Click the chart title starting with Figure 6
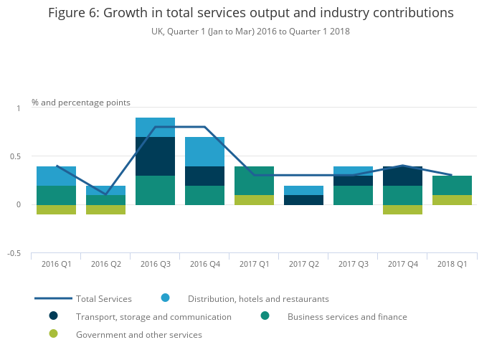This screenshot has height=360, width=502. click(250, 13)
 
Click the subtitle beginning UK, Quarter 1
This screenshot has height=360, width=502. click(250, 32)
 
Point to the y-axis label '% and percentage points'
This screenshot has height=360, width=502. click(81, 103)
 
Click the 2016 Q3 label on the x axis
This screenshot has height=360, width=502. click(155, 264)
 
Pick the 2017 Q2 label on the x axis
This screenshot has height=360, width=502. click(303, 264)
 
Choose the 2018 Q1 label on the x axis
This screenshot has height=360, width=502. click(452, 264)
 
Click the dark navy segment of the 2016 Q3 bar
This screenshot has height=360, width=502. click(155, 156)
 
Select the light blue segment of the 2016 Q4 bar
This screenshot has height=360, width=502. click(204, 151)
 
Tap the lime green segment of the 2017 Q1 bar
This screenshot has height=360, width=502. click(254, 200)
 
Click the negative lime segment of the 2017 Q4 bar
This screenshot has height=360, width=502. click(402, 209)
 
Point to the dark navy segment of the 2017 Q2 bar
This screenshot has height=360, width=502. click(303, 200)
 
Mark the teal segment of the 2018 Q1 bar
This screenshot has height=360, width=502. click(452, 185)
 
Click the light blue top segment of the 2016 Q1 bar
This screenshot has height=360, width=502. click(56, 176)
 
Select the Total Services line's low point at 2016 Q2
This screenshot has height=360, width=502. click(105, 194)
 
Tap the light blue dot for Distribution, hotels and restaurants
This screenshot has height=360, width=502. click(165, 298)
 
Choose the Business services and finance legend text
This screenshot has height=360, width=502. click(347, 316)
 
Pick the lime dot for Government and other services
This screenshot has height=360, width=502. click(53, 333)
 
